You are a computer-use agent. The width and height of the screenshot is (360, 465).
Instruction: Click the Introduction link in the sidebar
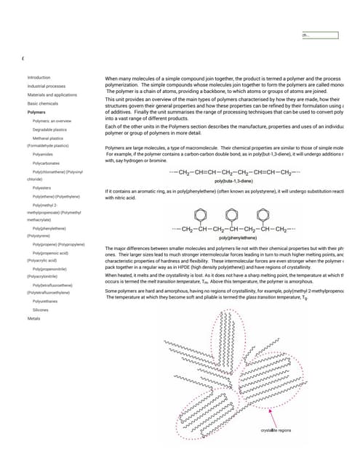[x=39, y=77]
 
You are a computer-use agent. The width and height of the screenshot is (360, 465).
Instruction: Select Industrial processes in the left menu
[x=46, y=86]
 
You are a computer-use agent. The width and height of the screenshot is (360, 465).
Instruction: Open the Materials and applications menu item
[x=52, y=95]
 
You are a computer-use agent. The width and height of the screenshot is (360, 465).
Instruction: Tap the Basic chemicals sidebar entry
[x=43, y=104]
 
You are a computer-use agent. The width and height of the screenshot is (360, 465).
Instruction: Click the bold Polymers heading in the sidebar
[x=36, y=113]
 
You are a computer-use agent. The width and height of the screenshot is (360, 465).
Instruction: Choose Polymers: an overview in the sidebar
[x=51, y=121]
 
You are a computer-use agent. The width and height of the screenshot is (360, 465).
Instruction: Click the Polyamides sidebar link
[x=43, y=155]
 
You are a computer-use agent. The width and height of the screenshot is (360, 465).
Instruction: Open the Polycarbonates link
[x=46, y=163]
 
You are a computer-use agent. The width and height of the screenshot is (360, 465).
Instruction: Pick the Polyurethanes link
[x=45, y=302]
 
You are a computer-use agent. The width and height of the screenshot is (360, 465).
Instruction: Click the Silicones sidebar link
[x=41, y=310]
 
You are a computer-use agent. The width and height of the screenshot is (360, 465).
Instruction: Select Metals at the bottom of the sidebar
[x=33, y=319]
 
